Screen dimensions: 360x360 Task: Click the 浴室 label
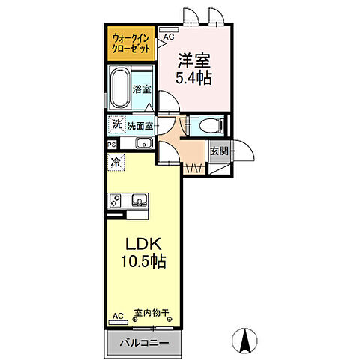click(142, 88)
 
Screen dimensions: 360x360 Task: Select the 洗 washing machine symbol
click(116, 124)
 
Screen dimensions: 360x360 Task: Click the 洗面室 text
click(139, 125)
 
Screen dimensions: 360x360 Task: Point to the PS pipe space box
click(111, 144)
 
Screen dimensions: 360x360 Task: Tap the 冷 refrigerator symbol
click(116, 160)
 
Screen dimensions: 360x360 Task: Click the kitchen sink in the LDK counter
click(139, 200)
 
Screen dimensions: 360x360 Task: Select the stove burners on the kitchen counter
click(116, 200)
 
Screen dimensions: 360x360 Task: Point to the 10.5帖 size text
click(142, 262)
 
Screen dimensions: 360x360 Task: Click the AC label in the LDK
click(117, 316)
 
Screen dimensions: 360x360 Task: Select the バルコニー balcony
click(142, 343)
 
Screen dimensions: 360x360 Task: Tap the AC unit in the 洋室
click(168, 36)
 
